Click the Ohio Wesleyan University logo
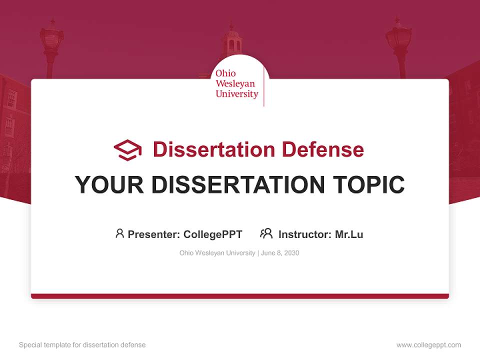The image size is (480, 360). [x=237, y=84]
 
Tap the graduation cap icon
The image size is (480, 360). [x=127, y=149]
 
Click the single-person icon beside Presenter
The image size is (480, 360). [x=119, y=233]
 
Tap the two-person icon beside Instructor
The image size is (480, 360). [x=266, y=233]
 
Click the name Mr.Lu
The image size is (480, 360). [x=349, y=234]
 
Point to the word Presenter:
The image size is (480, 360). [x=154, y=234]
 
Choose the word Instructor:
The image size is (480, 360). [x=305, y=234]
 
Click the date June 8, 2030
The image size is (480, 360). [x=280, y=253]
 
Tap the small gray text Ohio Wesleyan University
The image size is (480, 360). [x=217, y=253]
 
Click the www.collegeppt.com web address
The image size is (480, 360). [x=428, y=345]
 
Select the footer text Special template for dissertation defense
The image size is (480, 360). [x=82, y=345]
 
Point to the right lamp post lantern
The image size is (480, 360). [x=398, y=37]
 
